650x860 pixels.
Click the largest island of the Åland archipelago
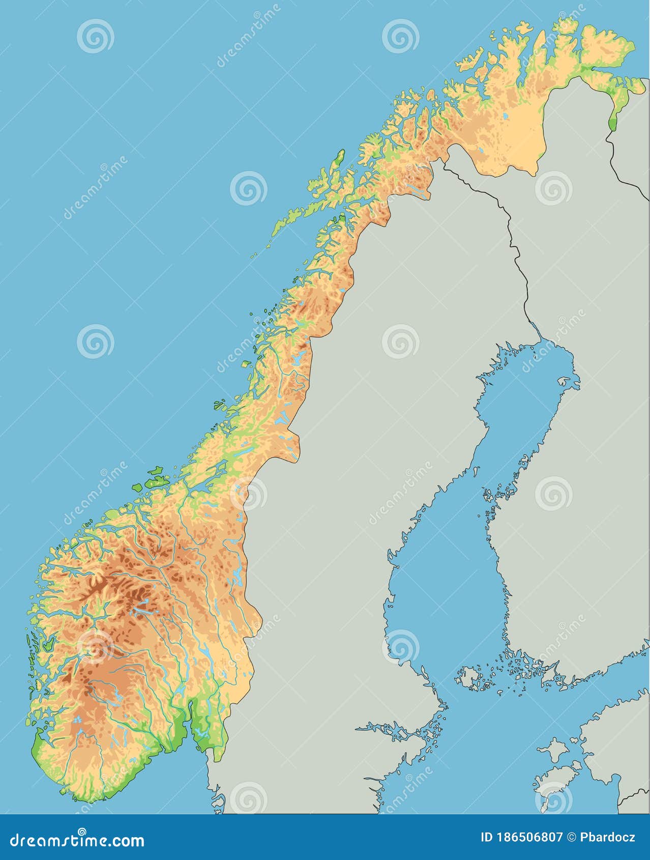pyautogui.click(x=468, y=678)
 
